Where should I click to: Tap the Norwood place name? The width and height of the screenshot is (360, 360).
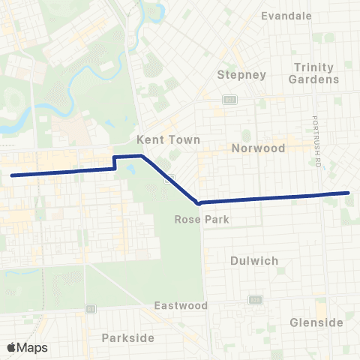coord(258,148)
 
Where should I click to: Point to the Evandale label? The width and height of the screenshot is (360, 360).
coord(286,15)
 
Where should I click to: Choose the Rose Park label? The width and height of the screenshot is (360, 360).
coord(195,220)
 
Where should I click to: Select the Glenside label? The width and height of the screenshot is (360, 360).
coord(316,322)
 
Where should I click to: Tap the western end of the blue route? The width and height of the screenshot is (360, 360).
coord(12,175)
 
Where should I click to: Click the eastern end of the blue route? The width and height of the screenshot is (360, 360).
coord(349,193)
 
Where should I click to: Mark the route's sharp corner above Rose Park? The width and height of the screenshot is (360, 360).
coord(197,202)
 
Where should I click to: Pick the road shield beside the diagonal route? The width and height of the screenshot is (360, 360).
coord(171,177)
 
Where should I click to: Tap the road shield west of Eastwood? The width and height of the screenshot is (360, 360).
coord(91,307)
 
